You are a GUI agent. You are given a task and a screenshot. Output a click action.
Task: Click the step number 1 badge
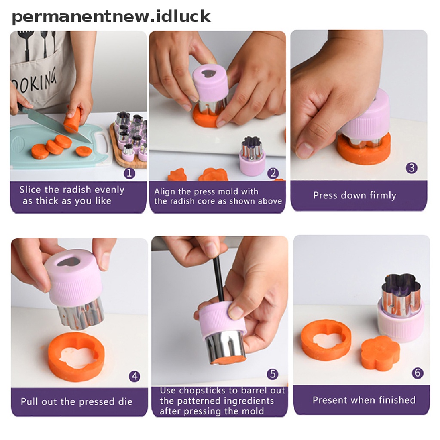pyautogui.click(x=129, y=173)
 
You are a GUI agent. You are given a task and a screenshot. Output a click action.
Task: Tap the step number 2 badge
pyautogui.click(x=273, y=173)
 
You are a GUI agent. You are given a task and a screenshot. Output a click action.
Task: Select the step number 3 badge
pyautogui.click(x=412, y=168)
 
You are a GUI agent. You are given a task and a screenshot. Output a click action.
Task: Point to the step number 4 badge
pyautogui.click(x=134, y=376)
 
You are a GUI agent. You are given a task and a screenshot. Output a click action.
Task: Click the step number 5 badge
pyautogui.click(x=272, y=374)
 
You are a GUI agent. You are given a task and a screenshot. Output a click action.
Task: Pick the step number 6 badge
pyautogui.click(x=417, y=373)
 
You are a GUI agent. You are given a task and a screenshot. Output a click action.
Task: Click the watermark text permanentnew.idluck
pyautogui.click(x=111, y=16)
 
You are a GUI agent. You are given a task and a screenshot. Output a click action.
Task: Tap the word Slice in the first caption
pyautogui.click(x=30, y=189)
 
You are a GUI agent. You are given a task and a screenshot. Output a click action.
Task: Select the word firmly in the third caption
pyautogui.click(x=383, y=195)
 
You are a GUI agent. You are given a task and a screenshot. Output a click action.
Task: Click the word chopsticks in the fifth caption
pyautogui.click(x=202, y=391)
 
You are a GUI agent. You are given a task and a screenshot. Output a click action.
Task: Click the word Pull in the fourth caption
pyautogui.click(x=29, y=402)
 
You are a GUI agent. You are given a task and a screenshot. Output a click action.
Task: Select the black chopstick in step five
pyautogui.click(x=218, y=278)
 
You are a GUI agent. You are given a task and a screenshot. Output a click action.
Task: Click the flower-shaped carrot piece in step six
pyautogui.click(x=380, y=353)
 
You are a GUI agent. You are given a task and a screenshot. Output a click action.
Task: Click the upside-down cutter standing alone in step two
pyautogui.click(x=252, y=156)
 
